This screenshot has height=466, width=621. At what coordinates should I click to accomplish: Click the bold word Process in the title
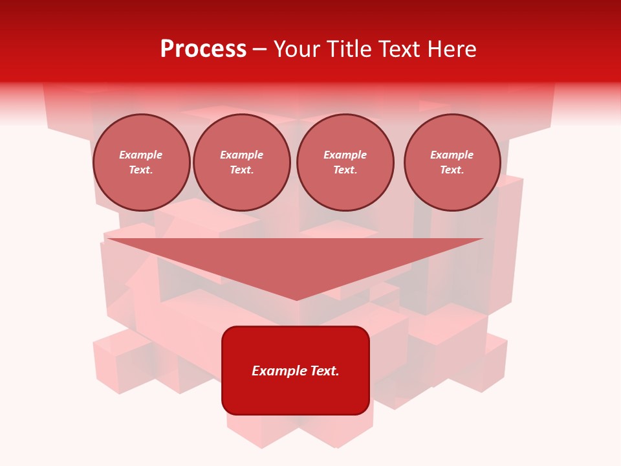tap(203, 49)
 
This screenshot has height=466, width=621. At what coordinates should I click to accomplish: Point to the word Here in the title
tap(453, 49)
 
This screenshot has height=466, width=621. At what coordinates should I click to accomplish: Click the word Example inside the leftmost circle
tap(141, 155)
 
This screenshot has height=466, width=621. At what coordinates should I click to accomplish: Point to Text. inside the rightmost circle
tap(452, 170)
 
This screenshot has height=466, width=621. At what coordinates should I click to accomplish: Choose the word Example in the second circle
tap(242, 155)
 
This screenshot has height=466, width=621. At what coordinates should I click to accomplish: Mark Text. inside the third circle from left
tap(345, 170)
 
